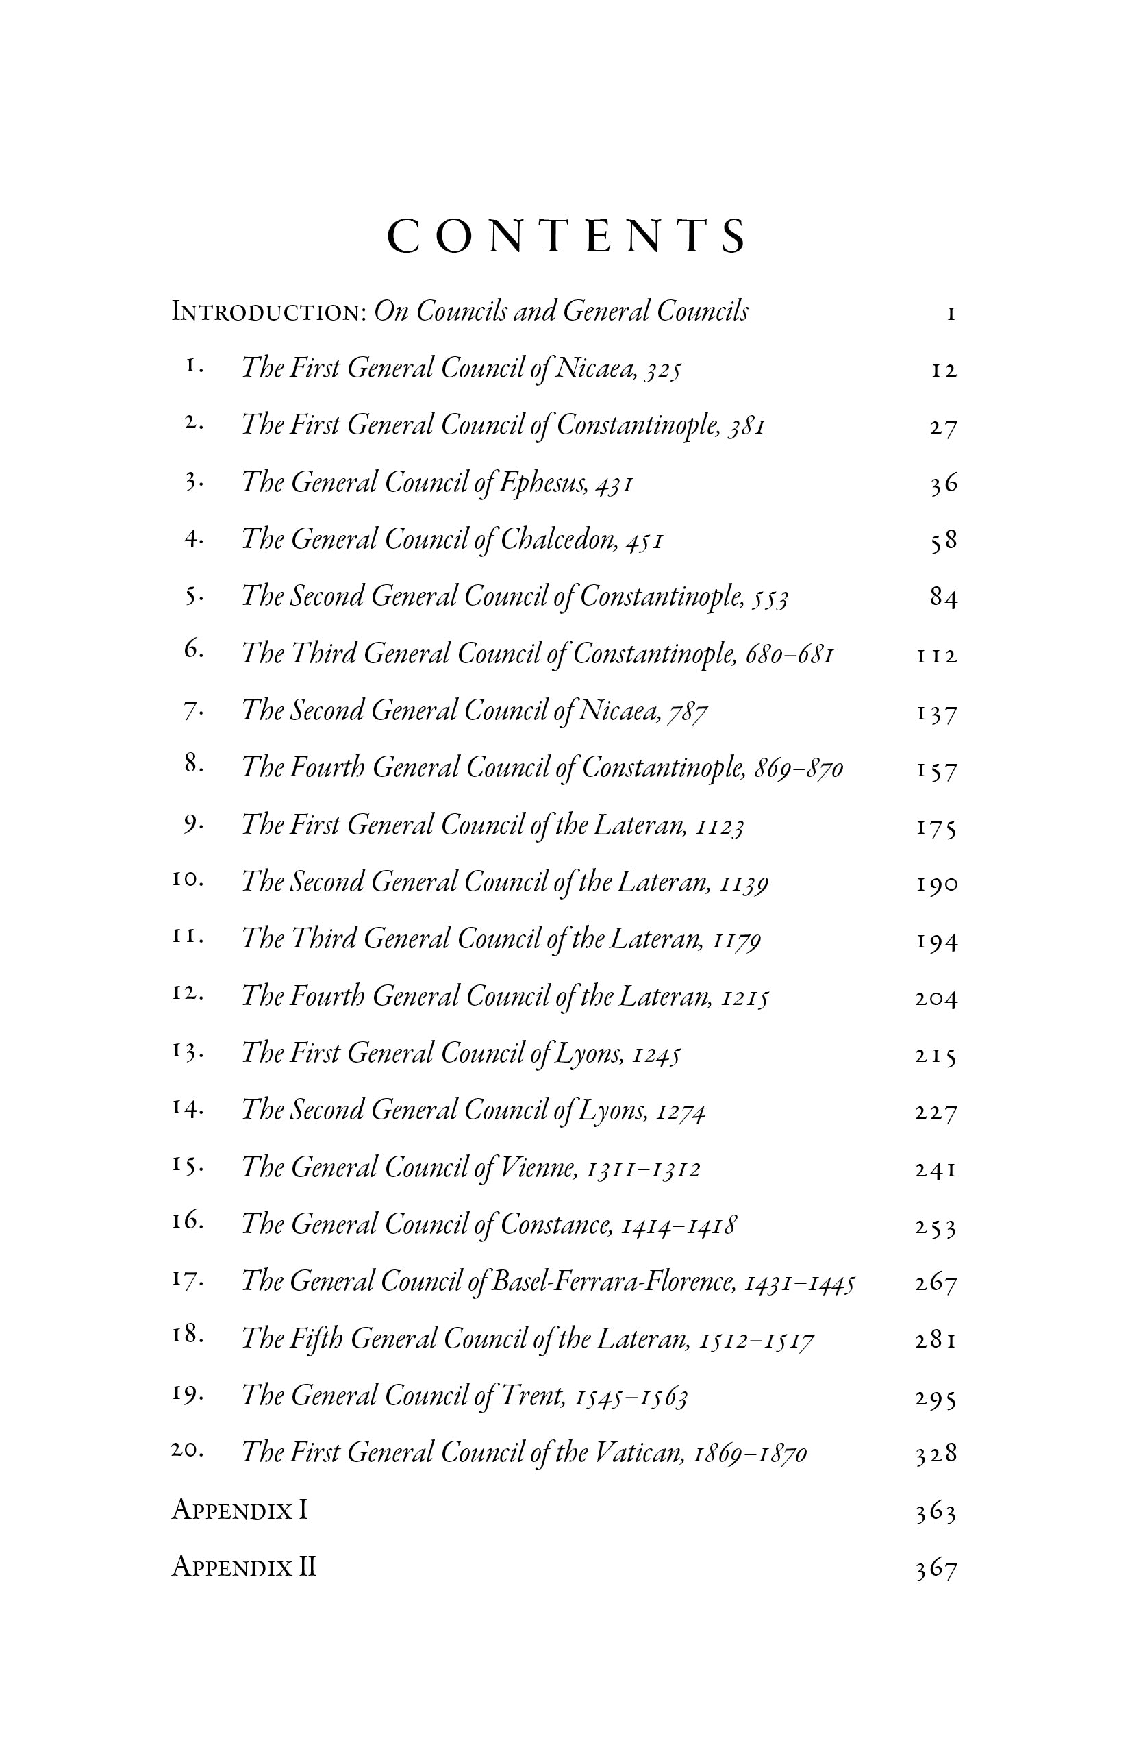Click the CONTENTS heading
click(566, 236)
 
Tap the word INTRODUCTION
click(268, 312)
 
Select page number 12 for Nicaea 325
click(944, 371)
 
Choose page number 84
click(944, 598)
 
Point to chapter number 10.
click(186, 880)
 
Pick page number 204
click(936, 998)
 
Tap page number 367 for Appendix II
click(936, 1570)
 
